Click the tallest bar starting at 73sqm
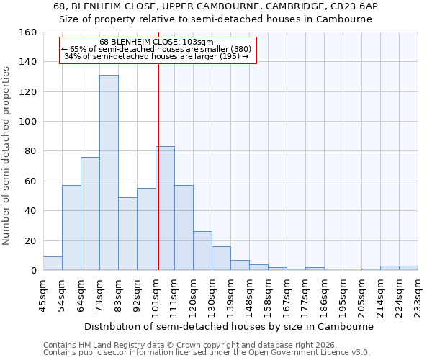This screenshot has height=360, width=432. (x=109, y=173)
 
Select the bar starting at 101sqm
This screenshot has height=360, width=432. (x=165, y=208)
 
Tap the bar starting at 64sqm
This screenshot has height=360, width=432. (x=90, y=214)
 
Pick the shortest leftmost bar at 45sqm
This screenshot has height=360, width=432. (x=53, y=264)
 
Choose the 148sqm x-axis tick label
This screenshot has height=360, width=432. (x=250, y=295)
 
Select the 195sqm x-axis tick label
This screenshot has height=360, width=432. (x=343, y=295)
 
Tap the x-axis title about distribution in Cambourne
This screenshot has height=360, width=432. (x=230, y=326)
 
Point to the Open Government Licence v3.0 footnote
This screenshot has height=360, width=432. (x=206, y=352)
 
